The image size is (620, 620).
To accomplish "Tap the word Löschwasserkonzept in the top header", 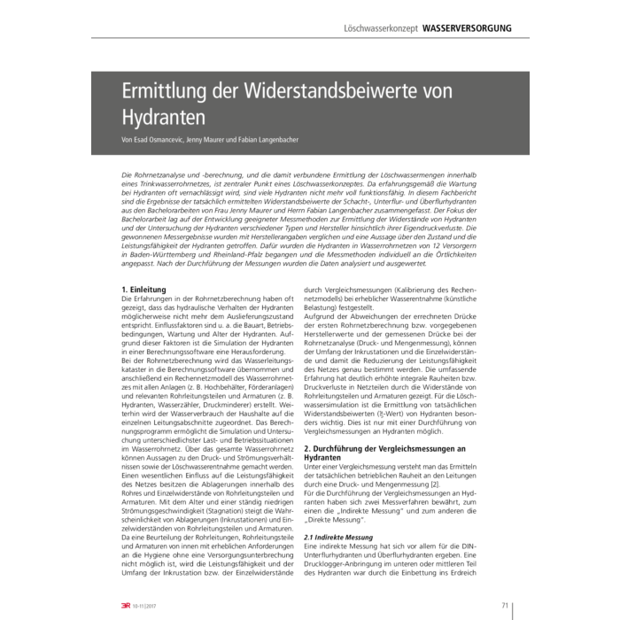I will pyautogui.click(x=381, y=28).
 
